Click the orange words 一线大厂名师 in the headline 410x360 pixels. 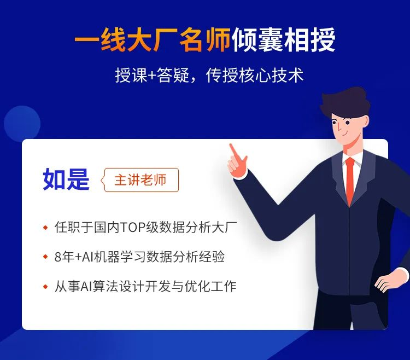click(153, 40)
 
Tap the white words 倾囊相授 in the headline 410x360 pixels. click(283, 40)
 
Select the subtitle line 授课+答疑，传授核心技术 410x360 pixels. click(209, 76)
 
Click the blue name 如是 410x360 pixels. click(66, 179)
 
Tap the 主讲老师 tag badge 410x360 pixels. click(140, 180)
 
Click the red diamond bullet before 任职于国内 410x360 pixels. click(45, 228)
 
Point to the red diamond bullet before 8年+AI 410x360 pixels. click(45, 257)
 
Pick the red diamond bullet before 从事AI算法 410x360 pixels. click(45, 287)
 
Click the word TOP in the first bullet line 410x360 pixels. click(133, 228)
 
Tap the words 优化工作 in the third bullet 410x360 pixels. click(211, 286)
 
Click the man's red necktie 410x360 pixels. click(350, 181)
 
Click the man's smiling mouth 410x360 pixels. click(344, 134)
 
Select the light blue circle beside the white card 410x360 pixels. click(22, 124)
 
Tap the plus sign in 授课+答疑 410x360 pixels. click(151, 76)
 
